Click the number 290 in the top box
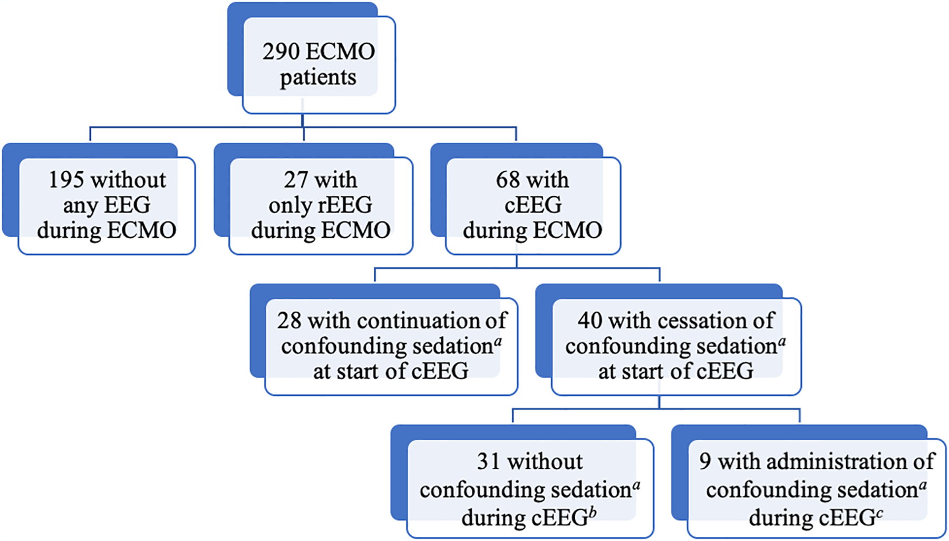(x=280, y=52)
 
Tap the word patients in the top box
(x=318, y=78)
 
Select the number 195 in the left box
(x=66, y=180)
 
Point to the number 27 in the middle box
(x=296, y=180)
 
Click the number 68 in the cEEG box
(x=508, y=180)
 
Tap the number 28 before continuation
(x=289, y=321)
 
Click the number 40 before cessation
(x=589, y=321)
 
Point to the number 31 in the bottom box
(x=488, y=461)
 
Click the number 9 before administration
(x=705, y=461)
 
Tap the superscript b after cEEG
(x=593, y=511)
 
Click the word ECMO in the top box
(x=340, y=52)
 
